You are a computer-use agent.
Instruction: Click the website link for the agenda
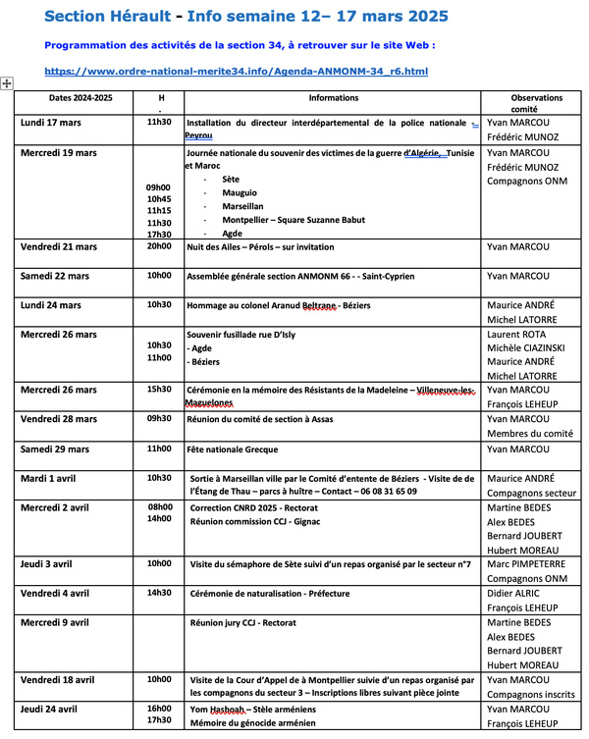click(x=237, y=72)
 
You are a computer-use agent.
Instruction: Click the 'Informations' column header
click(x=333, y=98)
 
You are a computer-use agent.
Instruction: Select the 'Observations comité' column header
click(x=536, y=103)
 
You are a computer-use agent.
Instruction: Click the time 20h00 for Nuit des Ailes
click(x=159, y=247)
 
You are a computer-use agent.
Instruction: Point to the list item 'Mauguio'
click(x=240, y=193)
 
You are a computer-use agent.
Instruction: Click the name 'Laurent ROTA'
click(x=521, y=334)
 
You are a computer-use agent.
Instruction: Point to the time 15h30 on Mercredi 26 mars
click(x=159, y=390)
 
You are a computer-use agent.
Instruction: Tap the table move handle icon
click(x=7, y=84)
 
